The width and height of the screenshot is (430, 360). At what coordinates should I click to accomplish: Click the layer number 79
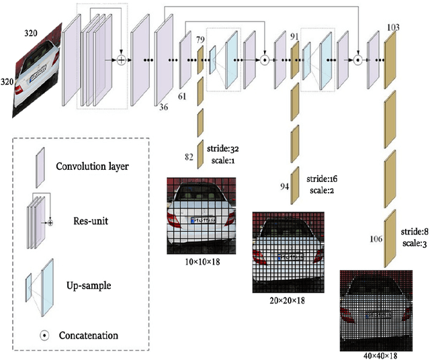[200, 40]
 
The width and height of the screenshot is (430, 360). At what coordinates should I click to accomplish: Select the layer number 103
[394, 28]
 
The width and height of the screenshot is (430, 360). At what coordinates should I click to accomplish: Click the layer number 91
[294, 36]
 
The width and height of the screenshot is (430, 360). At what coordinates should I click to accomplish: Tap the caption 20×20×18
[287, 300]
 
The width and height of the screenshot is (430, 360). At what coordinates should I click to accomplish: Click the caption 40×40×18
[377, 353]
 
